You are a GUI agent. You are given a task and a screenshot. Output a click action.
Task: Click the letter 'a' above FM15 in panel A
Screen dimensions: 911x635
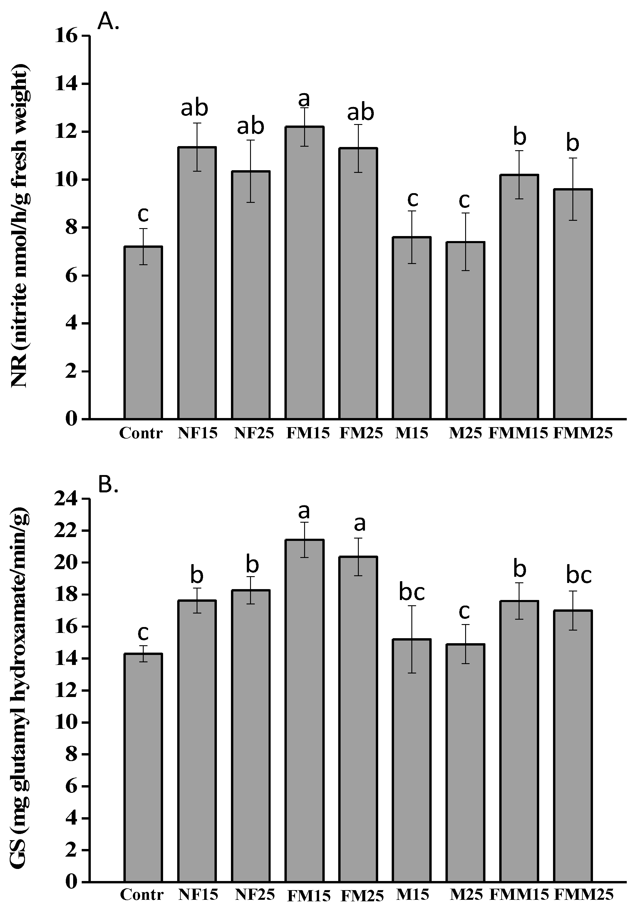click(304, 99)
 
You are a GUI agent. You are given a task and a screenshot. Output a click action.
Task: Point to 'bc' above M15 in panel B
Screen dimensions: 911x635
click(412, 592)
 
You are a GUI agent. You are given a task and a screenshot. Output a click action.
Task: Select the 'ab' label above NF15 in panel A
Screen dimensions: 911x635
click(194, 108)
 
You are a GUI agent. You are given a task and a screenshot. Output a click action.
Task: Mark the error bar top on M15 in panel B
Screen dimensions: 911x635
click(412, 606)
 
